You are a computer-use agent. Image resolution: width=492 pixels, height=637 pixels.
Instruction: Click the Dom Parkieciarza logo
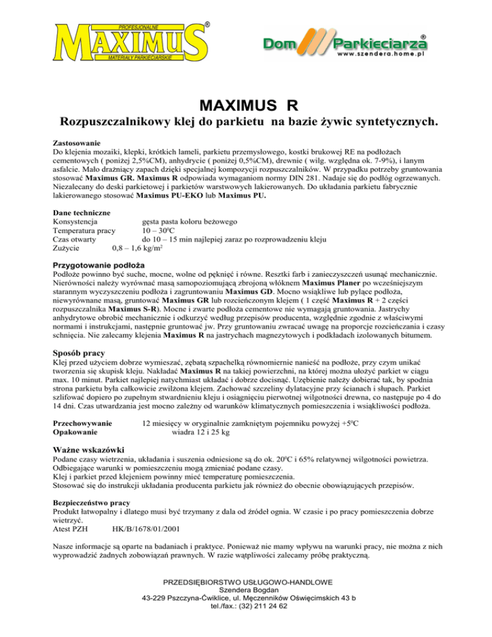point(346,44)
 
